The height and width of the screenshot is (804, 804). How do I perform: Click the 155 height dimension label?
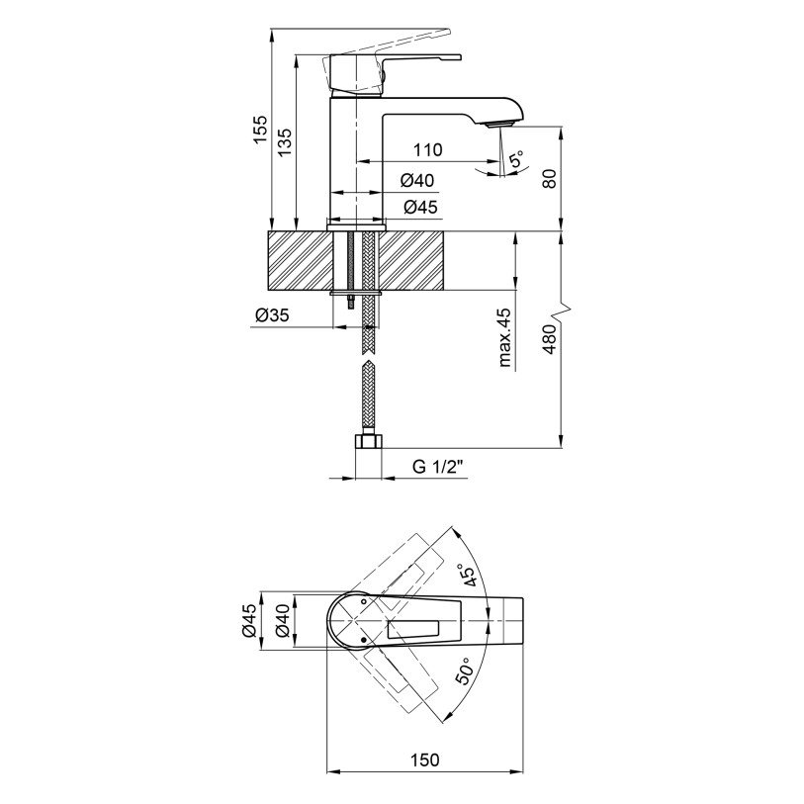tap(261, 129)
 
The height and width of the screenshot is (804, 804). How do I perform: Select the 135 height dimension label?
tap(285, 141)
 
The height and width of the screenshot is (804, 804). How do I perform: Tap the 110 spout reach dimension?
tap(428, 149)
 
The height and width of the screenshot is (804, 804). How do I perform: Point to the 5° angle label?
tap(517, 159)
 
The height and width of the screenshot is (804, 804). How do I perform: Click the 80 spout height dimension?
tap(549, 178)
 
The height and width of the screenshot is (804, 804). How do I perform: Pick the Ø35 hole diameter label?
tap(272, 314)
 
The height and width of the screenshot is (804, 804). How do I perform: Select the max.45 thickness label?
tap(504, 337)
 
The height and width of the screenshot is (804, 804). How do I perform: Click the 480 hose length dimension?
tap(549, 339)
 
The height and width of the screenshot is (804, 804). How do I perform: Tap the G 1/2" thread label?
tap(438, 467)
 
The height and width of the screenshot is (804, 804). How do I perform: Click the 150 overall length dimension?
tap(425, 759)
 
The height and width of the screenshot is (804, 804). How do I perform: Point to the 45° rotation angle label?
tap(468, 575)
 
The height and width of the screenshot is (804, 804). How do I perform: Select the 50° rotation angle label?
tap(464, 670)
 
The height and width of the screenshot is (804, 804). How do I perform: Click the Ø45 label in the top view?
tap(248, 620)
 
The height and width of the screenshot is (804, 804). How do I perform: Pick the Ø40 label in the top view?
tap(283, 621)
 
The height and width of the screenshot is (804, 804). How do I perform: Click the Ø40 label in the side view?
tap(417, 180)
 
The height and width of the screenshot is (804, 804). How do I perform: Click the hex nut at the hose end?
tap(368, 441)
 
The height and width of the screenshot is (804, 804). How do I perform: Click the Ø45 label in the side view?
tap(420, 207)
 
